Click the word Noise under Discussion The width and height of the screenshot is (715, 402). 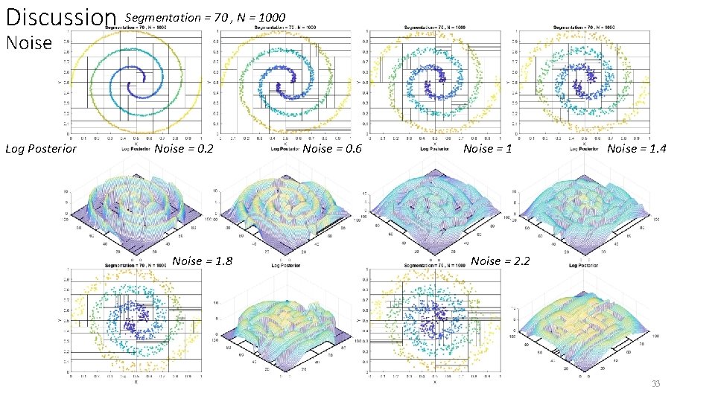(29, 43)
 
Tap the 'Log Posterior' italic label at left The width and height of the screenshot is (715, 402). (41, 149)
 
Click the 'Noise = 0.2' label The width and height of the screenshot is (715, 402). (184, 149)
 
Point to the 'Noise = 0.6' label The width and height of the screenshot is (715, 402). (332, 149)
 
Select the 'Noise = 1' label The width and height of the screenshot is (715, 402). (488, 149)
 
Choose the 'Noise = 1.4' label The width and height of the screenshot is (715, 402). (637, 149)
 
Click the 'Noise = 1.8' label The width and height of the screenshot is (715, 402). (203, 261)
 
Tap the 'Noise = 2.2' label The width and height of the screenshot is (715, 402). (500, 261)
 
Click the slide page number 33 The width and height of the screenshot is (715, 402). (655, 384)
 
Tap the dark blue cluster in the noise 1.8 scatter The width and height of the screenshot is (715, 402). (134, 320)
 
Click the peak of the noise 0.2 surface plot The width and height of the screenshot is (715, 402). (134, 197)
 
